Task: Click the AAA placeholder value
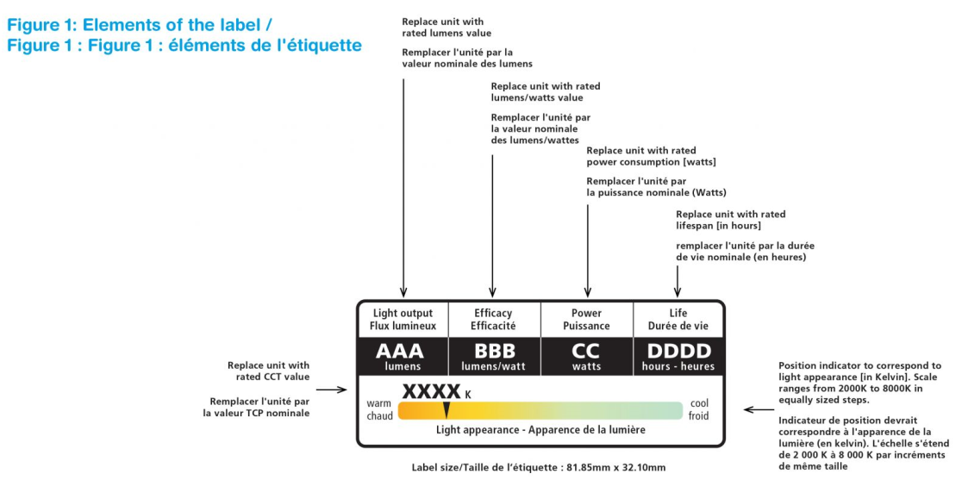coord(400,350)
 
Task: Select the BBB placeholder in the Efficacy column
coord(494,350)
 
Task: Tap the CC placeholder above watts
coord(586,350)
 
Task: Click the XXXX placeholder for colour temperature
coord(431,391)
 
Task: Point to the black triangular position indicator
coord(447,410)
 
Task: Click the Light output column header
coord(403,320)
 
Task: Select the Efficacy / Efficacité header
coord(493,320)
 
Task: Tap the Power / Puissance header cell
coord(586,320)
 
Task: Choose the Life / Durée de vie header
coord(678,320)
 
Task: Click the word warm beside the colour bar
coord(379,402)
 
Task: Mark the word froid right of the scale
coord(698,415)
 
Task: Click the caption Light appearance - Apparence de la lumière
coord(540,429)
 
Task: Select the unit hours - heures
coord(678,366)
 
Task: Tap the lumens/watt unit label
coord(494,366)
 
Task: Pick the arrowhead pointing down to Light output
coord(403,293)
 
